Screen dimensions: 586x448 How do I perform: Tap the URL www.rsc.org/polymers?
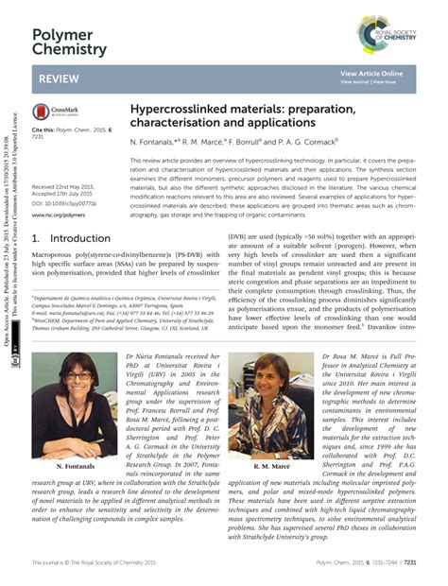point(58,215)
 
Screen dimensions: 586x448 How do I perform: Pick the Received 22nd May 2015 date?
point(61,187)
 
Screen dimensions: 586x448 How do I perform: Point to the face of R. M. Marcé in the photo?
point(271,372)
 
